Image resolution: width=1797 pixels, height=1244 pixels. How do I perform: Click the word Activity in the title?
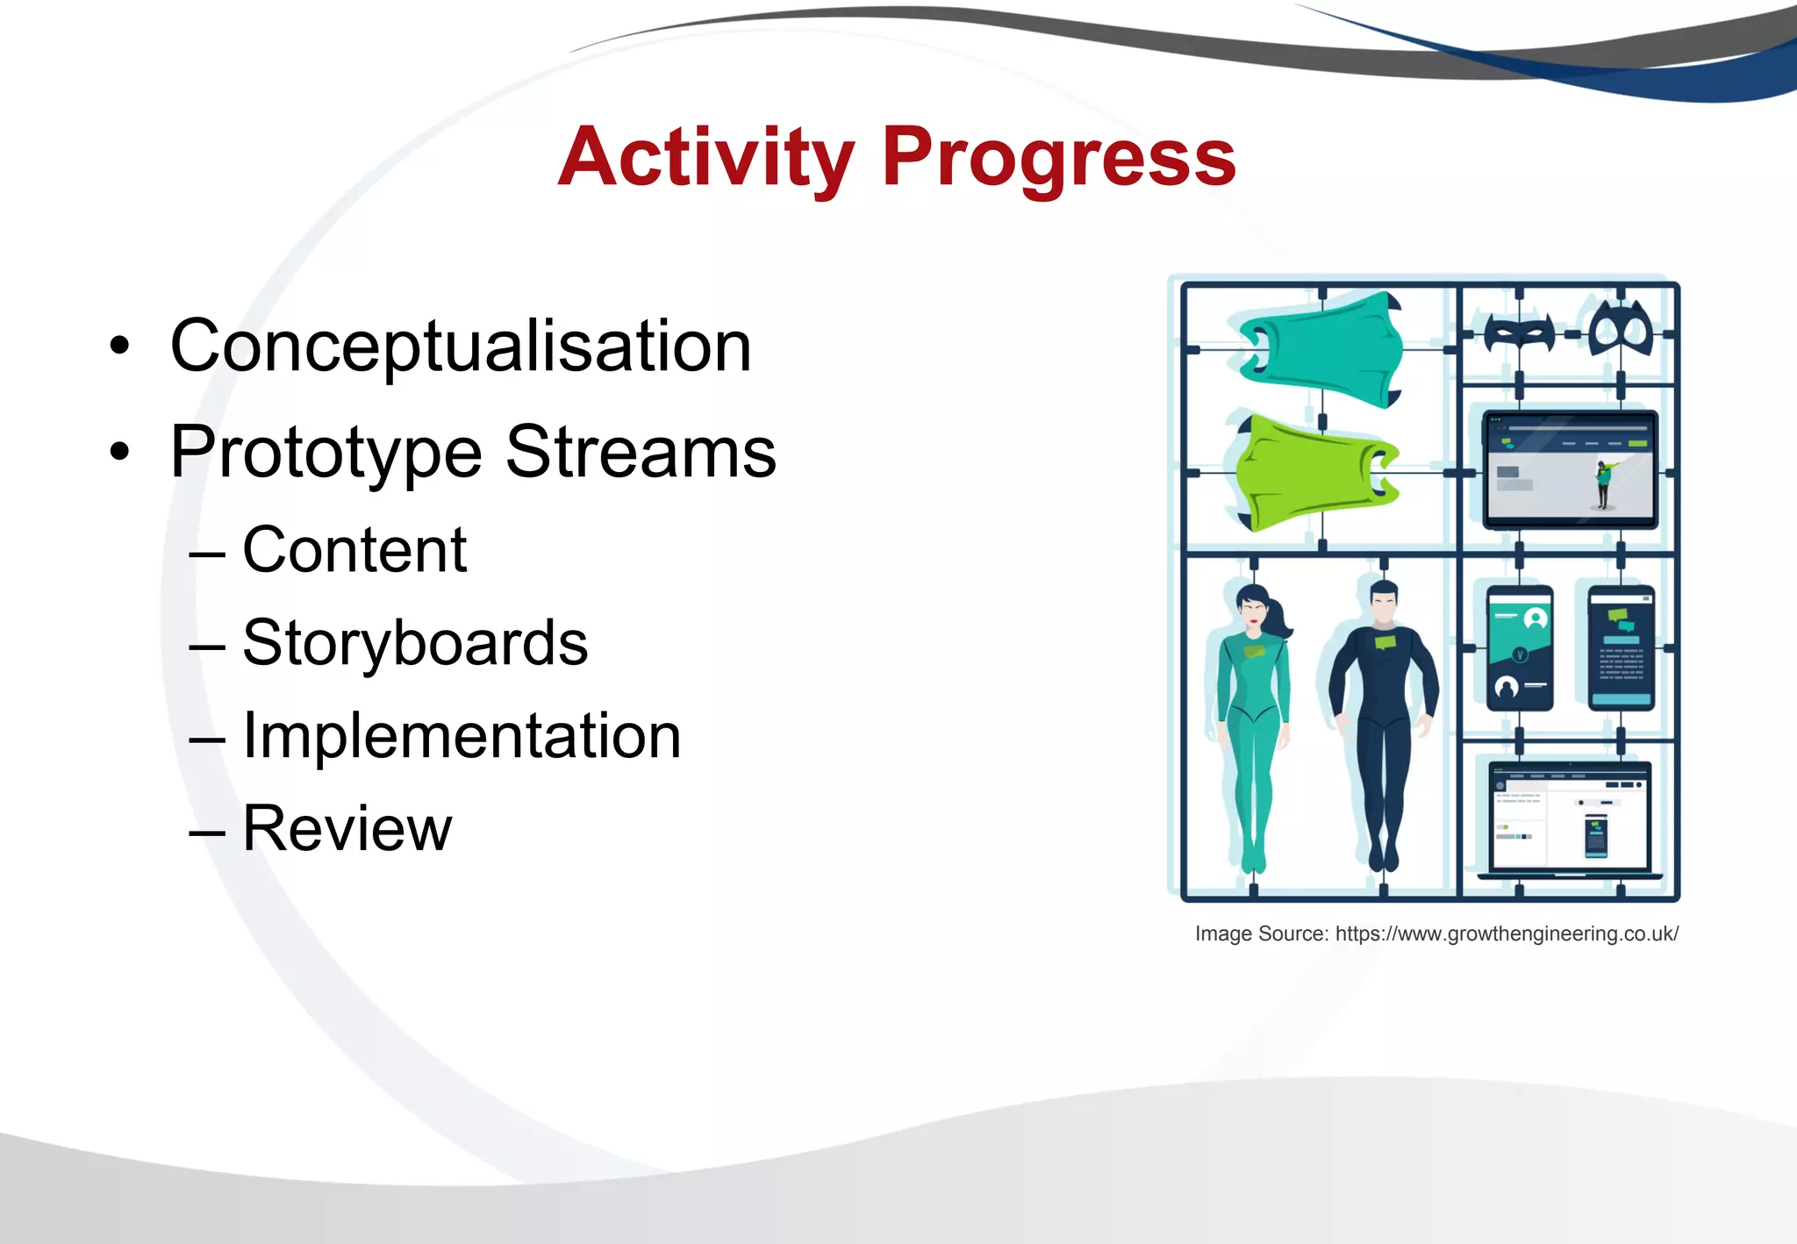[x=706, y=158]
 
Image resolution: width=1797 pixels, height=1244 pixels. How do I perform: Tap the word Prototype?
[x=326, y=453]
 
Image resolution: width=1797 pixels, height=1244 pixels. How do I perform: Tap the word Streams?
[x=641, y=453]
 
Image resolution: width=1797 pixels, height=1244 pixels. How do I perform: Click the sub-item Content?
[x=354, y=551]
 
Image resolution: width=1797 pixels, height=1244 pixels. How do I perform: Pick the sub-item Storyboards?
[x=415, y=643]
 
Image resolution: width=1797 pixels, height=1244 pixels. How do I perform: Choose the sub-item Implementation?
[x=462, y=736]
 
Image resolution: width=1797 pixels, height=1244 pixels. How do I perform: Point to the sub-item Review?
[x=347, y=828]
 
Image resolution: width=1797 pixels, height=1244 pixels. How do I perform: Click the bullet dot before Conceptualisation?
[x=119, y=347]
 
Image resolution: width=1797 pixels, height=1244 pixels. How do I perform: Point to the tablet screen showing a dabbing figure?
[x=1570, y=470]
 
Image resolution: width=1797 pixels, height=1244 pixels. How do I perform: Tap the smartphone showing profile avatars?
[x=1520, y=648]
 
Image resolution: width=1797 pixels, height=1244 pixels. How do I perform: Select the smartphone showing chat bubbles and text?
[x=1622, y=648]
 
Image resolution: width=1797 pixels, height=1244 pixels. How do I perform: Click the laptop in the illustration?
[x=1570, y=818]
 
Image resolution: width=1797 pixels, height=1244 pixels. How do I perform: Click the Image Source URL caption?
[x=1436, y=933]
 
